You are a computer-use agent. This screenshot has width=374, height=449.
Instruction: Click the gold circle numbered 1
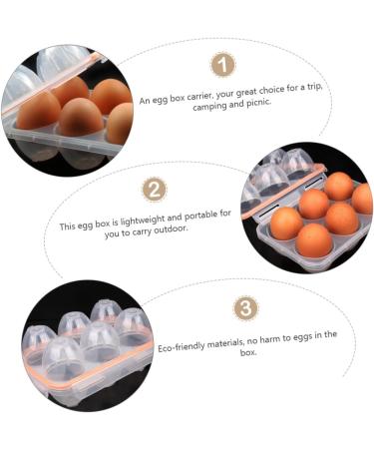coord(223,66)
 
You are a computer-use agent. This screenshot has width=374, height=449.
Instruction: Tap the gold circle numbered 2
coord(154,191)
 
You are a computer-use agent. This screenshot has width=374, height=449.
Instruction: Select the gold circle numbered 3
coord(245,308)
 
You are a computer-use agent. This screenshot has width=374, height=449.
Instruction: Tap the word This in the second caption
coord(69,226)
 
